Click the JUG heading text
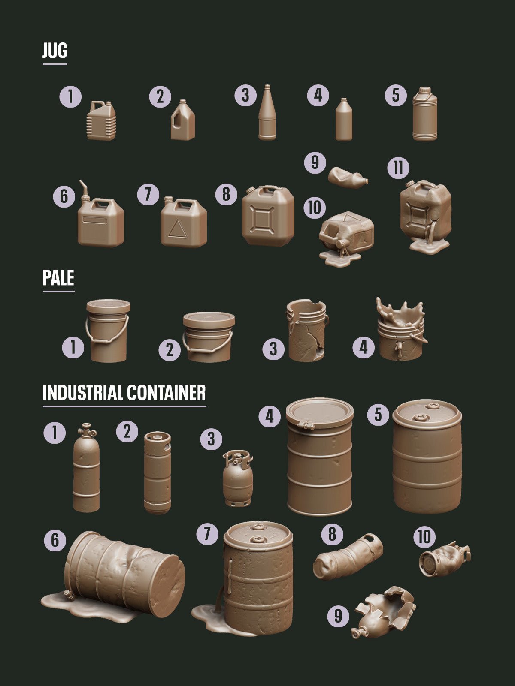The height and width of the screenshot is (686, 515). (55, 51)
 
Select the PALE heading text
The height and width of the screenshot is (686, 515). (58, 278)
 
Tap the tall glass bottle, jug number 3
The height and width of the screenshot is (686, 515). (267, 114)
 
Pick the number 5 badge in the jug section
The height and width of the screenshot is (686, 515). (396, 96)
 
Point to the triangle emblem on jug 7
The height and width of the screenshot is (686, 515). (177, 229)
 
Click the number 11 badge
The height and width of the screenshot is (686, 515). (398, 168)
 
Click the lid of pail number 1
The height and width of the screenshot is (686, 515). (108, 306)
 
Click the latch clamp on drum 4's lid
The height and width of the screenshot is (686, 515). (305, 425)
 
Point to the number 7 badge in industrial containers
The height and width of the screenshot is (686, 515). (207, 534)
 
